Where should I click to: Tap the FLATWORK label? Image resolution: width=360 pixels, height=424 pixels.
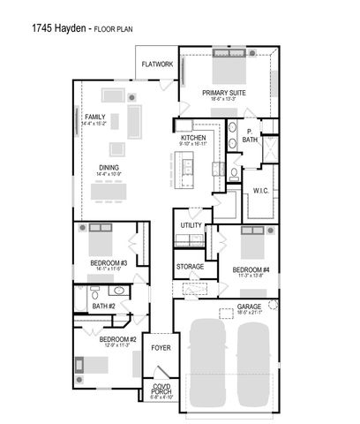[158, 64]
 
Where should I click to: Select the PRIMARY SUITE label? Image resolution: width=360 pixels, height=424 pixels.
[223, 92]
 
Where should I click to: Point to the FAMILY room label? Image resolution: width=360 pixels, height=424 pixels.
[95, 117]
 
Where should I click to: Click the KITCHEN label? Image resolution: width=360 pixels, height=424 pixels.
[193, 139]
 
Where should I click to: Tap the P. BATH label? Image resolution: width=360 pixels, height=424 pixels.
[250, 137]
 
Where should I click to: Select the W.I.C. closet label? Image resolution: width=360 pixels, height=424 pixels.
[260, 190]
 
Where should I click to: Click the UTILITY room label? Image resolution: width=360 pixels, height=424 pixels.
[191, 225]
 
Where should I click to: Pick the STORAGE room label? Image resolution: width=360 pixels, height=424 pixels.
[190, 266]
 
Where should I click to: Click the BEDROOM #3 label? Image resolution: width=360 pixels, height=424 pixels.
[109, 263]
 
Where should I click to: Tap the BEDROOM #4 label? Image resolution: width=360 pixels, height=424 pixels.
[251, 269]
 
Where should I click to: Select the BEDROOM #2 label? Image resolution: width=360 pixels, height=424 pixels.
[117, 340]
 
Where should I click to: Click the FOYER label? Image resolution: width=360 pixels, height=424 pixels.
[161, 348]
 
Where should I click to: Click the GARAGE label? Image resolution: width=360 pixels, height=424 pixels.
[250, 307]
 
